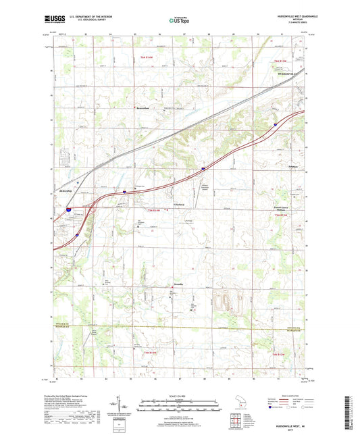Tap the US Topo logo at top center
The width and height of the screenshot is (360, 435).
tap(179, 20)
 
